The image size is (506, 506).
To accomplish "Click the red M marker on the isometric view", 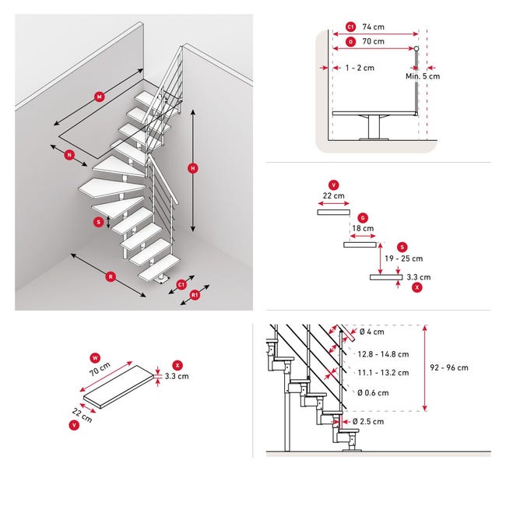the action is pos(100,97).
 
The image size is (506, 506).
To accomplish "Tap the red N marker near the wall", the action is pos(69,155).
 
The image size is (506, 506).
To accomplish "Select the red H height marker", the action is pos(193,168).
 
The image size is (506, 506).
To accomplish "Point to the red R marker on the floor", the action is pos(111,276).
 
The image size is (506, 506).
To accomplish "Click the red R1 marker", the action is pos(195,295).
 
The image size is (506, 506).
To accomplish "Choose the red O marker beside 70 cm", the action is pos(350,41).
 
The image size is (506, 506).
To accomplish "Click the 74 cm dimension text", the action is pos(374,26).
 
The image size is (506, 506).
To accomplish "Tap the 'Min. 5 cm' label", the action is pos(423,76).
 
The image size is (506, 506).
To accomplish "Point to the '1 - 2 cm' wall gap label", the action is pos(360,68).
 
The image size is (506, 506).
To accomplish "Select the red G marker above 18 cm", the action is pos(363,218).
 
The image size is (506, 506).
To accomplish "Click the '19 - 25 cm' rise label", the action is pos(404,258).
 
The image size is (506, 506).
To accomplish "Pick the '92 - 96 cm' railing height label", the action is pos(449,367).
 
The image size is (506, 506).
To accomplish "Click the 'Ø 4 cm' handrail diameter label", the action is pos(372,332).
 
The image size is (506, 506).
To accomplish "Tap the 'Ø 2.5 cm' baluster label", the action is pos(368,421).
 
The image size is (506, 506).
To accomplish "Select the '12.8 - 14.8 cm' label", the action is pos(383,354).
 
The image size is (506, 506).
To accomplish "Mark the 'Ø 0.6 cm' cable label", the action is pos(373,392).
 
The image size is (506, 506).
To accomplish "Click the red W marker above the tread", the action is pos(95,358).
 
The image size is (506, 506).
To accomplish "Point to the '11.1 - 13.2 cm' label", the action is pos(383,373).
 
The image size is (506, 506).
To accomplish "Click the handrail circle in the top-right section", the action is pos(416,49).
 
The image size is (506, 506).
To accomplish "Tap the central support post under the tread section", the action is pos(374,127).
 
